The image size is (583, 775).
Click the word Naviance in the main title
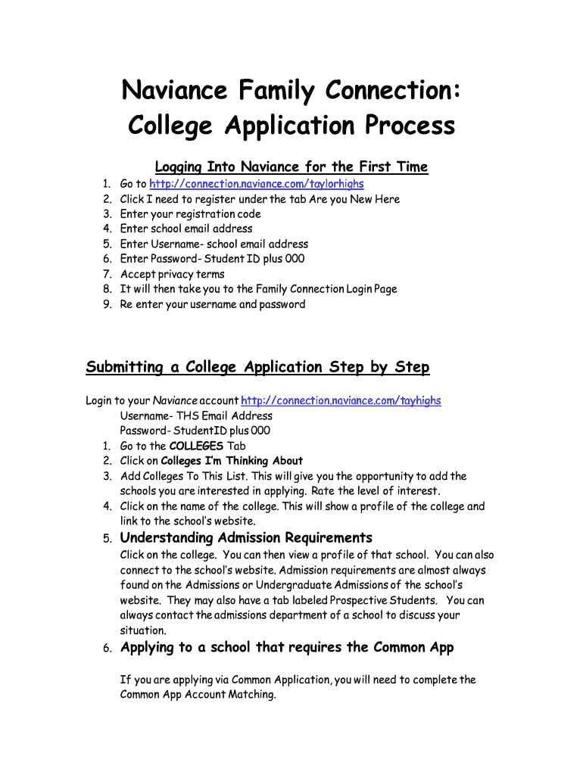pos(174,92)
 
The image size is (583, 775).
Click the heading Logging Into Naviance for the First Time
pos(291,167)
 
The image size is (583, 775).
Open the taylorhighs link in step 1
pos(256,184)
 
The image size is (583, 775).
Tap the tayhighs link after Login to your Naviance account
pos(340,400)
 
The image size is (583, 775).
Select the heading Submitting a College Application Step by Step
pos(257,367)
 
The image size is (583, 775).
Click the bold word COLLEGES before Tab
pos(196,446)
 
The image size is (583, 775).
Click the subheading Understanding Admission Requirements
pos(246,538)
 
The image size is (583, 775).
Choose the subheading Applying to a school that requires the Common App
pos(287,647)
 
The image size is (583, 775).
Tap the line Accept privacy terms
pos(173,274)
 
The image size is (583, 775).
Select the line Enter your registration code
pos(190,214)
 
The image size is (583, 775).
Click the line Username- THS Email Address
pos(196,416)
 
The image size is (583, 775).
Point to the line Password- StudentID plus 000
pos(195,431)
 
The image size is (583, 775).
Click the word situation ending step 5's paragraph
pos(143,630)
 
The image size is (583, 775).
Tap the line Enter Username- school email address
pos(214,244)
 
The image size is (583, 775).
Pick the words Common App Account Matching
pos(198,695)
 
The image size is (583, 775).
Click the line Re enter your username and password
pos(213,304)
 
